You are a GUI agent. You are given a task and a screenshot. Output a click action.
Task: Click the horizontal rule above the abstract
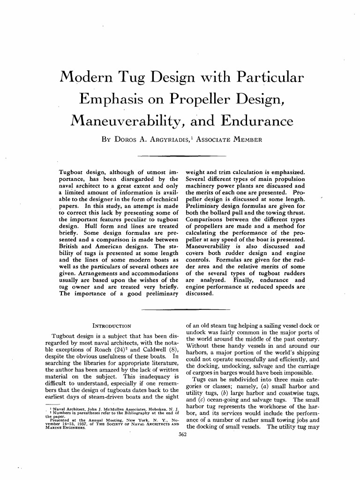click(x=180, y=155)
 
